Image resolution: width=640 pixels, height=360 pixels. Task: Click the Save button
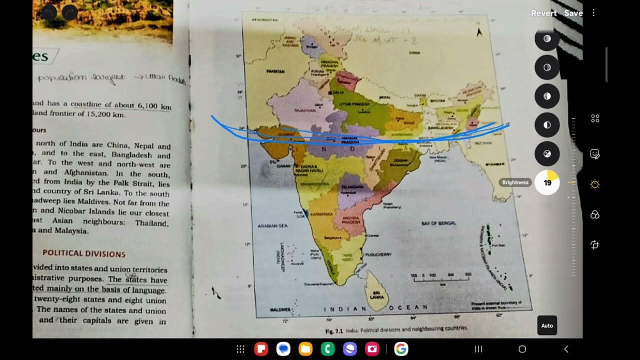(573, 13)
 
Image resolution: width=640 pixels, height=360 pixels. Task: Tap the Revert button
(543, 13)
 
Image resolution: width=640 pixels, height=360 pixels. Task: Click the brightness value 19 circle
(547, 182)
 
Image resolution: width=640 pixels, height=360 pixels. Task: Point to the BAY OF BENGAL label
(438, 223)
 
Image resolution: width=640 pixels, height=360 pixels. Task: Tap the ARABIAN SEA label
(272, 226)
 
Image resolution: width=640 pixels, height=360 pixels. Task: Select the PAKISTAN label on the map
(275, 71)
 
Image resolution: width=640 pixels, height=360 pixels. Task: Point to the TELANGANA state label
(353, 186)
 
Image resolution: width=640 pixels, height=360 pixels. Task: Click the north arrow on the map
(479, 32)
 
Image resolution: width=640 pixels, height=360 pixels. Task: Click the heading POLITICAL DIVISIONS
(84, 253)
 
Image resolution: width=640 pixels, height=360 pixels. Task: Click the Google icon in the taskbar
(401, 349)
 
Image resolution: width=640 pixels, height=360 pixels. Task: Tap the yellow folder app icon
(305, 349)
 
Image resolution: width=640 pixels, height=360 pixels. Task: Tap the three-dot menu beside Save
(593, 13)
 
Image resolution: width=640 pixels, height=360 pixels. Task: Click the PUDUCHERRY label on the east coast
(378, 254)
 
